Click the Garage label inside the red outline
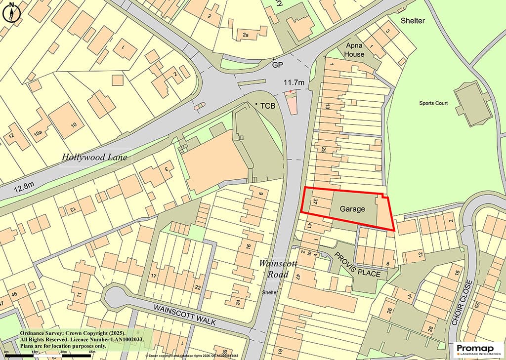point(352,209)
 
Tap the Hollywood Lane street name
point(94,158)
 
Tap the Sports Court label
point(433,103)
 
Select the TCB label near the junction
point(267,106)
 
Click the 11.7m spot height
point(294,82)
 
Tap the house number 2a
point(245,35)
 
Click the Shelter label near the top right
point(412,21)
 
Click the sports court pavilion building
point(473,104)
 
